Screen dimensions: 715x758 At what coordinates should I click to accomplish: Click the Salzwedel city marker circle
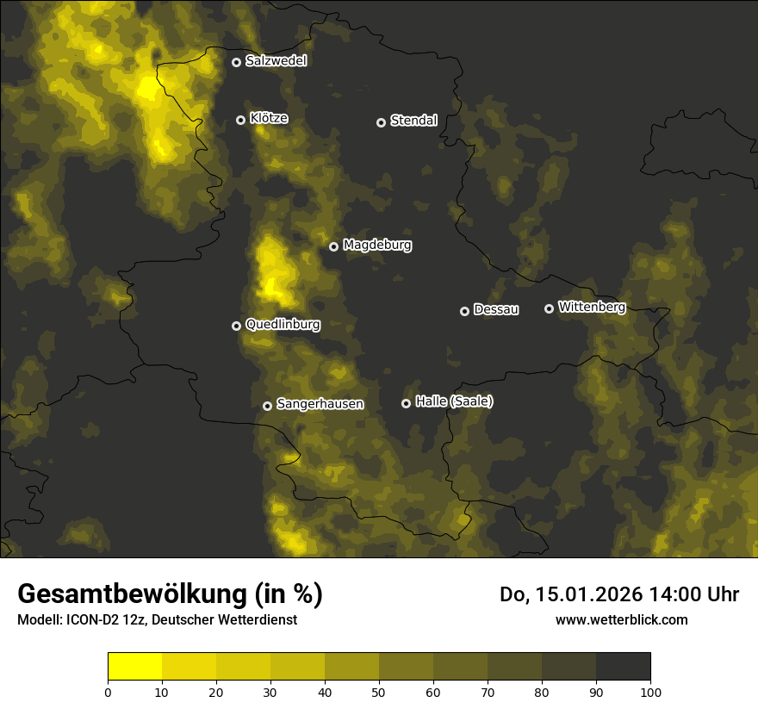[236, 62]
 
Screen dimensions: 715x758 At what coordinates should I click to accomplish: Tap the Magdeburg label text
[377, 246]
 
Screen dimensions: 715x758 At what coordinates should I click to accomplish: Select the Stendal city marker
[381, 122]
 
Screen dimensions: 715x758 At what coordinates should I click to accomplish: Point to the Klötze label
[269, 119]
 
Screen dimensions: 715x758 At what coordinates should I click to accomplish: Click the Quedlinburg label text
[283, 325]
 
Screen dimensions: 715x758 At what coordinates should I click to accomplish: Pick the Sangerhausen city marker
[267, 406]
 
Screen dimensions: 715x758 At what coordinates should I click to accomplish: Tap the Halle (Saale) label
[454, 401]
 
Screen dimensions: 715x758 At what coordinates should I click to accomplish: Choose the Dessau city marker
[464, 311]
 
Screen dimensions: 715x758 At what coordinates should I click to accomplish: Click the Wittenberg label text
[592, 307]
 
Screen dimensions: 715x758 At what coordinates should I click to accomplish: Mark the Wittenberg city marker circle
[549, 308]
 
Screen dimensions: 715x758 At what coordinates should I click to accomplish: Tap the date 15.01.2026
[581, 594]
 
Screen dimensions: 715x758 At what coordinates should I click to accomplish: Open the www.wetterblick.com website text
[622, 619]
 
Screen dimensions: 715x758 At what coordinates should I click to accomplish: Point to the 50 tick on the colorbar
[379, 692]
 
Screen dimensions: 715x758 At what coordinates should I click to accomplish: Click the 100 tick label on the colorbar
[650, 692]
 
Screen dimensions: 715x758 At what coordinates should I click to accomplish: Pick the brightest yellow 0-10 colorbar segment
[135, 667]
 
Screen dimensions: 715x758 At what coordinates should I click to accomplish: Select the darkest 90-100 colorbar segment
[623, 667]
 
